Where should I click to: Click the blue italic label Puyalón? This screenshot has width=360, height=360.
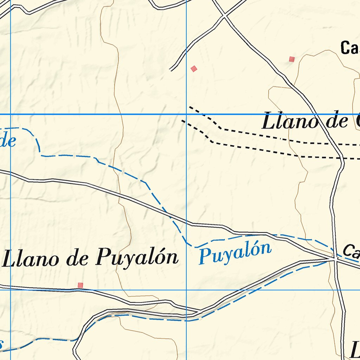click(x=235, y=252)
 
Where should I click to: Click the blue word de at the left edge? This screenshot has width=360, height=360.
click(x=8, y=141)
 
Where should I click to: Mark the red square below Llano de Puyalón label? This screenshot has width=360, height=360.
click(x=81, y=285)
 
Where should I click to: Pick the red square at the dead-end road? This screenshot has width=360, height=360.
click(x=194, y=69)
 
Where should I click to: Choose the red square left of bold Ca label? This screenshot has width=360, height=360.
click(x=291, y=59)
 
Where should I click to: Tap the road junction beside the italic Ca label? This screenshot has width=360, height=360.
click(x=335, y=259)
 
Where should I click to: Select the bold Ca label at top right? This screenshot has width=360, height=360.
click(x=349, y=48)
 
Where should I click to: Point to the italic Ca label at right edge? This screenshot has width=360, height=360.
click(x=351, y=251)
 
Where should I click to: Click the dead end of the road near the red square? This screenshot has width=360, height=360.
click(x=171, y=70)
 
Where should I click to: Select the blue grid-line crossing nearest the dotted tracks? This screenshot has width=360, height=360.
click(x=186, y=114)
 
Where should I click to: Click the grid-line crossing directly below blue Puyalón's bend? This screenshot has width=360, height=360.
click(x=186, y=290)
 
